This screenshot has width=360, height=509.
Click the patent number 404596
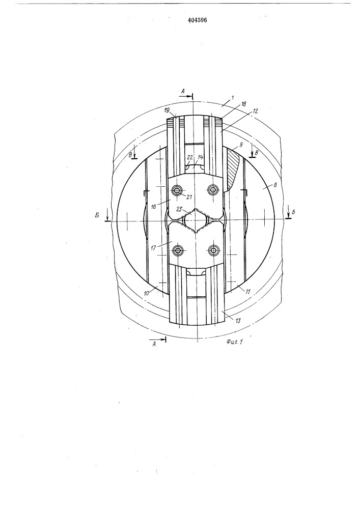[198, 20]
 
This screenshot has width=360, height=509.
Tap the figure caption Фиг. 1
[235, 342]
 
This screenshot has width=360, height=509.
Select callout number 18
[243, 104]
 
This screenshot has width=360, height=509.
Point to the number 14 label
[200, 157]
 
